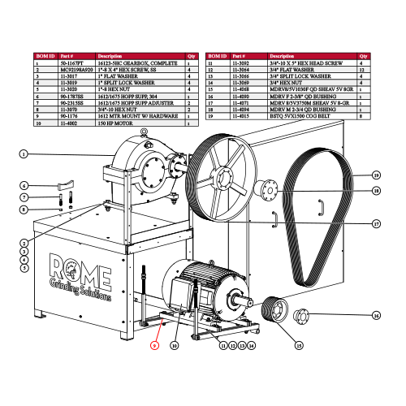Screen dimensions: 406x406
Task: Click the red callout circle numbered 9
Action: pyautogui.click(x=154, y=345)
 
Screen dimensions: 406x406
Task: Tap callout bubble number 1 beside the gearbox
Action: pyautogui.click(x=24, y=154)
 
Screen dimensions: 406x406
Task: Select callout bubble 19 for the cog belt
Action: pyautogui.click(x=377, y=175)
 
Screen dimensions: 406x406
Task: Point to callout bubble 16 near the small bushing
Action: pyautogui.click(x=376, y=315)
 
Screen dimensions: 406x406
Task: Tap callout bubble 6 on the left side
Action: pyautogui.click(x=24, y=186)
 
